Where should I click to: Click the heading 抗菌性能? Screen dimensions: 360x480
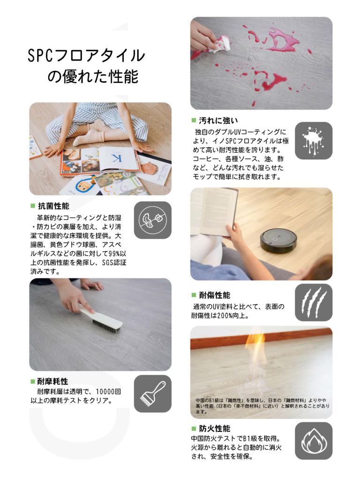click(53, 206)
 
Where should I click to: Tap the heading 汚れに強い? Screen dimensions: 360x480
click(218, 120)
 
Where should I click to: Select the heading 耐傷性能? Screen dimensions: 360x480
click(215, 295)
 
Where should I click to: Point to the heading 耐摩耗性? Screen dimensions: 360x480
click(52, 382)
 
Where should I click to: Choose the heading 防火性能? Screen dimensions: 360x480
click(215, 428)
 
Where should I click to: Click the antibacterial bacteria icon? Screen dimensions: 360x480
click(152, 220)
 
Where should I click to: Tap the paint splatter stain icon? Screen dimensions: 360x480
click(314, 141)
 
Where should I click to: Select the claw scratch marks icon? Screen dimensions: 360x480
click(314, 302)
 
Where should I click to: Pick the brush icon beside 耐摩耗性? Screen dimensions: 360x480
click(152, 394)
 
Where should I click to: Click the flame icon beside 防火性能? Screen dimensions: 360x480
click(314, 441)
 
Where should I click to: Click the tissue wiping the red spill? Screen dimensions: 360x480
click(221, 45)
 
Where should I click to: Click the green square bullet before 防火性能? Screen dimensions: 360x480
click(194, 428)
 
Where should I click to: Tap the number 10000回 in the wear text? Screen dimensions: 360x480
click(108, 391)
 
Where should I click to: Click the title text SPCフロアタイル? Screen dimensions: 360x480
click(86, 55)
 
